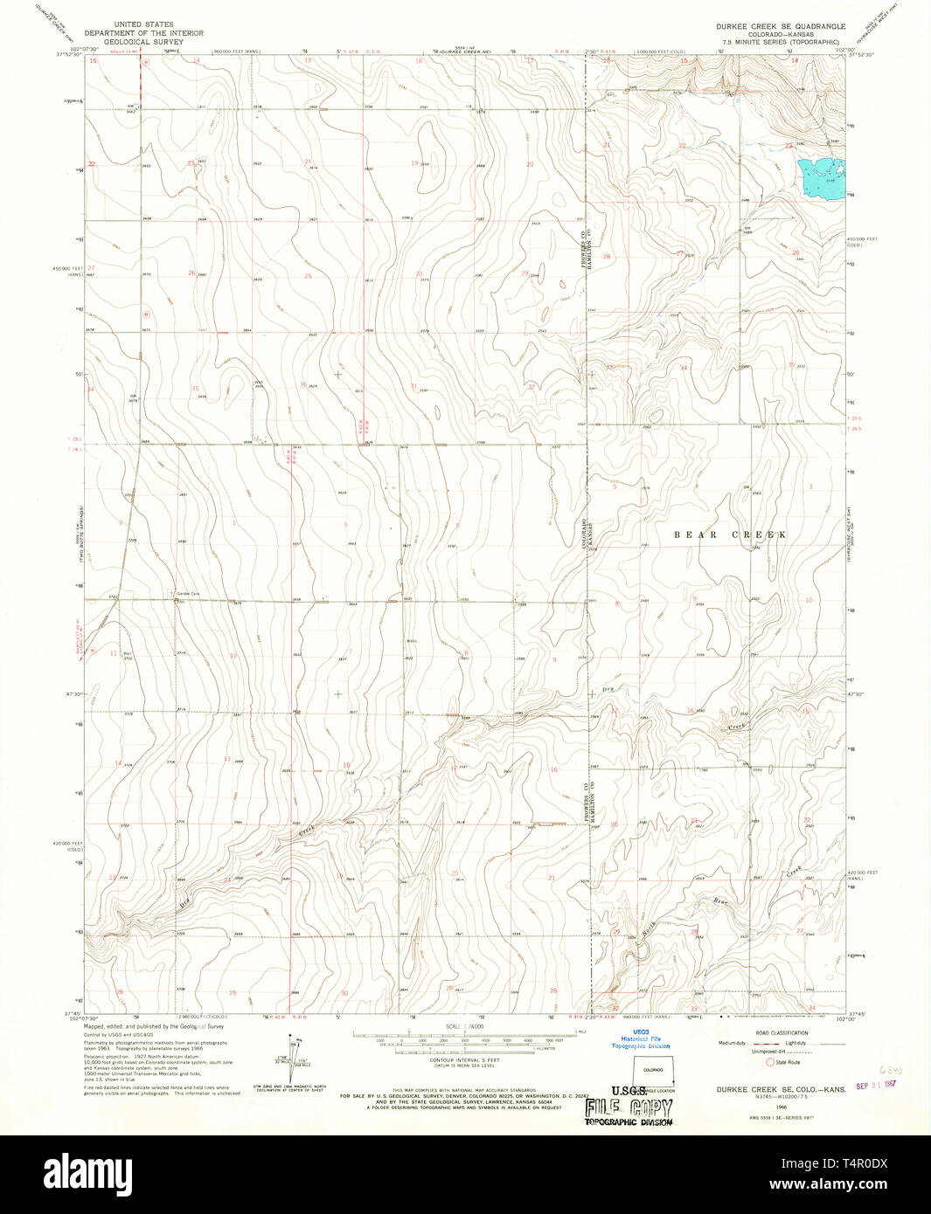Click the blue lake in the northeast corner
point(822,175)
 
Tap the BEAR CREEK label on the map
point(730,535)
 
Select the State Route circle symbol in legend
point(770,1062)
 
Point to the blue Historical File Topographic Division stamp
point(641,1038)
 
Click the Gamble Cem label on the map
point(188,594)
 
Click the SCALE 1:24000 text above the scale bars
point(464,1025)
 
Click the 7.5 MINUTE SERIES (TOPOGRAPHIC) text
point(781,41)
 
